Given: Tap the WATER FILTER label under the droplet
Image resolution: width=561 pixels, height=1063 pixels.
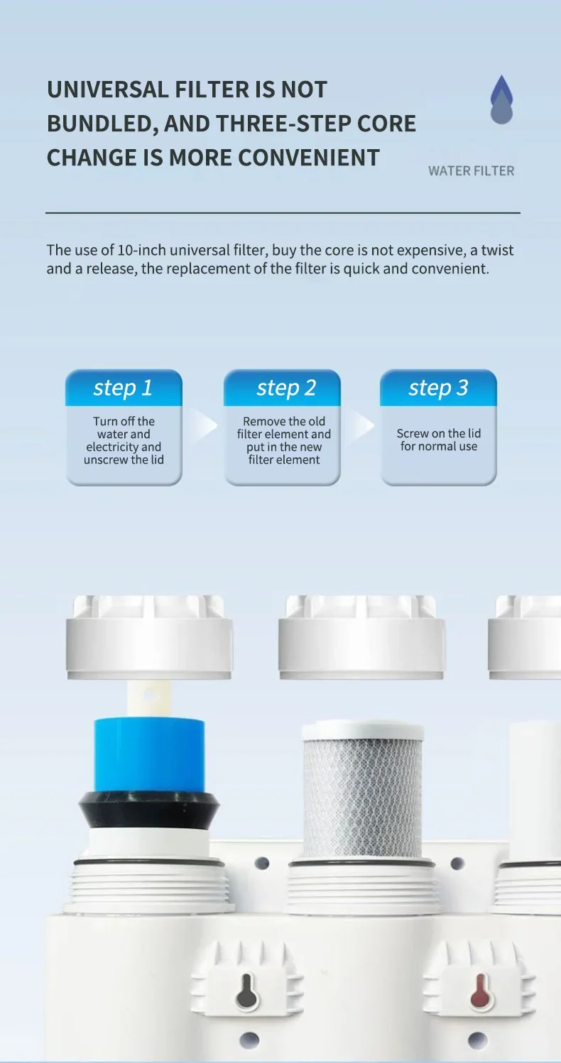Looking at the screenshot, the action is [x=471, y=171].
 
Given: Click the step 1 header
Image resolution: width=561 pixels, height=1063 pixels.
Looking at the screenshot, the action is [x=124, y=388].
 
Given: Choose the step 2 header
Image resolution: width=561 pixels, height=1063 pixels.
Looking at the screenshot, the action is [x=282, y=388].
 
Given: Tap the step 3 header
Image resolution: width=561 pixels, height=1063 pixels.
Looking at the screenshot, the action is [x=438, y=388].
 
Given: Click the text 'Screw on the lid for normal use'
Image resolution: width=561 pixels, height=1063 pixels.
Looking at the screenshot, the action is [x=439, y=440].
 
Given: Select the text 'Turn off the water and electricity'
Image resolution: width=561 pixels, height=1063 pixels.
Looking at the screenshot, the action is [x=124, y=434].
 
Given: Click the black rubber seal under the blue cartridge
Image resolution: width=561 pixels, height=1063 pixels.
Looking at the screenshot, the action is [x=149, y=809].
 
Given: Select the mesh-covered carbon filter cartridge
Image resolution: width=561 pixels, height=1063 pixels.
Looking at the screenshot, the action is [x=362, y=790].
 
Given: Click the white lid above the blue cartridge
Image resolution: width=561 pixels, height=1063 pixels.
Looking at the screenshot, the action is [x=149, y=637].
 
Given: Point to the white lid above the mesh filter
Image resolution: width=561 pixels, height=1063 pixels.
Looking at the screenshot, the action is [x=361, y=637].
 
